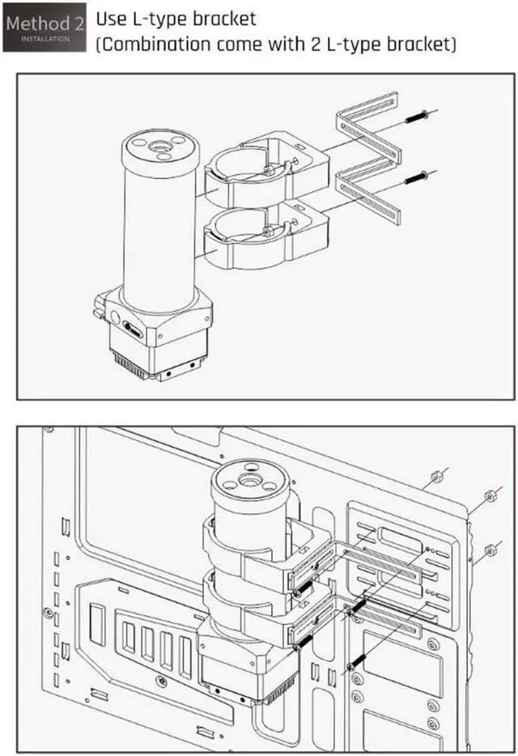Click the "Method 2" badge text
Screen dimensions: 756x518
[x=45, y=23]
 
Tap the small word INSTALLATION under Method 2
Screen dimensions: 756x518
[x=45, y=39]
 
